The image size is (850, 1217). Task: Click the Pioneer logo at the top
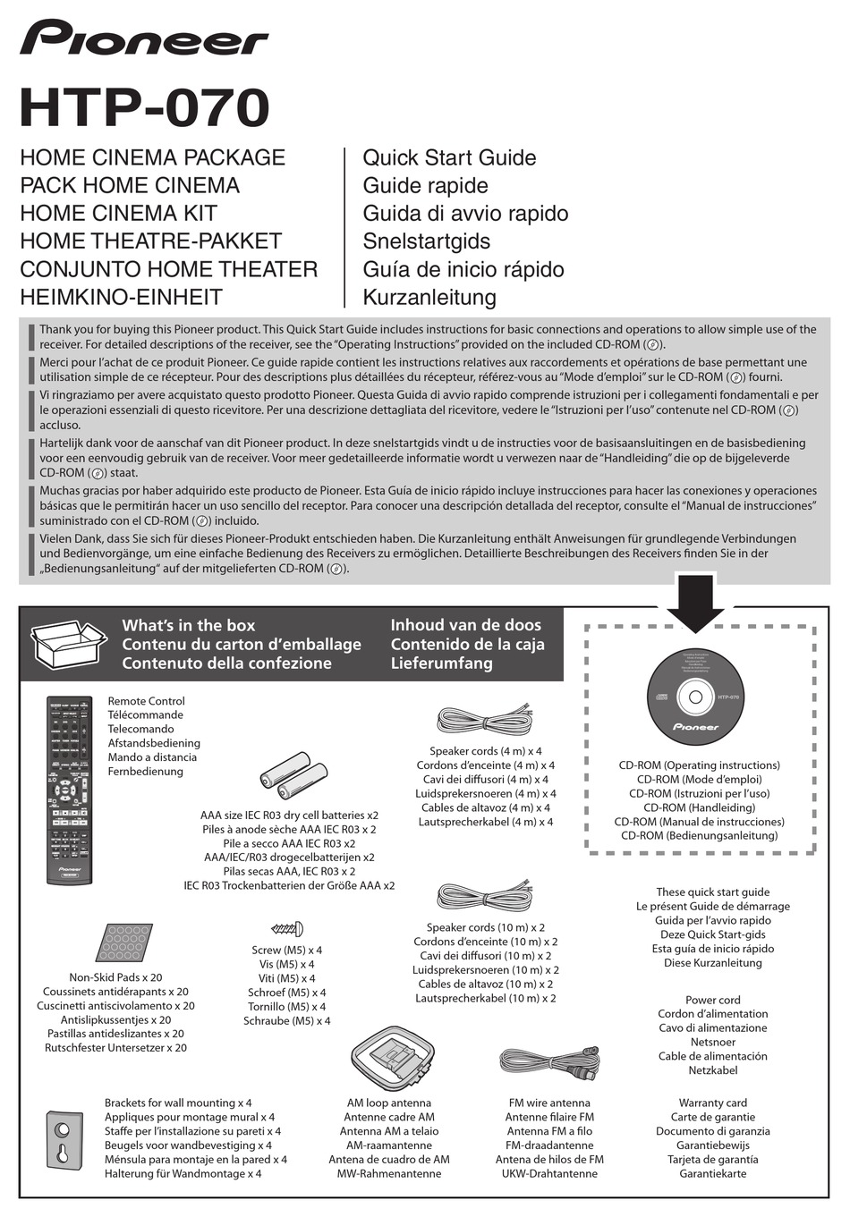pos(144,38)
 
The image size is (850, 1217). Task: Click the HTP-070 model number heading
pos(144,108)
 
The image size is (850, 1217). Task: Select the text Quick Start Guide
pos(449,157)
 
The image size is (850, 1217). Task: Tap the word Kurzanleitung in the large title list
pos(429,297)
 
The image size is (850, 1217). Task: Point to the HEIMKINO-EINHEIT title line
pos(121,297)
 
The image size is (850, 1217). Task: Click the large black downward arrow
pos(694,603)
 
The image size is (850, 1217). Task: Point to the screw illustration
pos(287,929)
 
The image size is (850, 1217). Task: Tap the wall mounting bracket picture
pos(64,1139)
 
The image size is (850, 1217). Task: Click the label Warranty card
pos(712,1103)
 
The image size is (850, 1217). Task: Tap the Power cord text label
pos(712,1000)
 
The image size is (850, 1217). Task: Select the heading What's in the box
pos(189,625)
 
